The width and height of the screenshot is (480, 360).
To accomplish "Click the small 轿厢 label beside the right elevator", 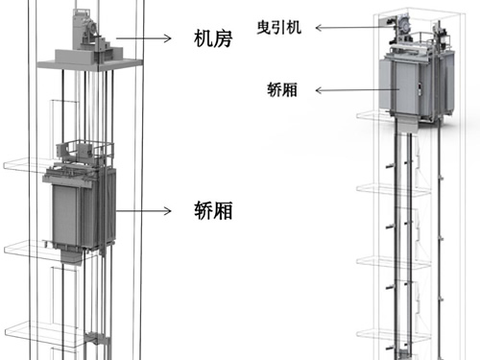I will point(284,91).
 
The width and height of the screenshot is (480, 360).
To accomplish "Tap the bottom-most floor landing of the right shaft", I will point(402,335).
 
